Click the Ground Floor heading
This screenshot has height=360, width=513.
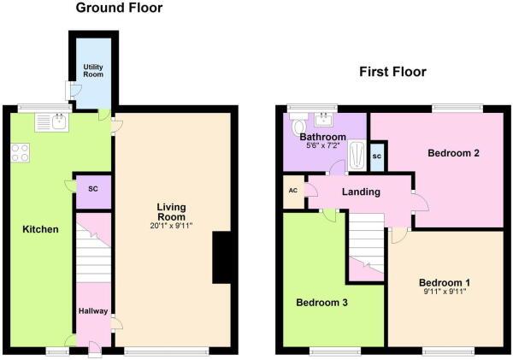click(x=119, y=8)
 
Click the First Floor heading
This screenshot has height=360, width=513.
click(x=392, y=72)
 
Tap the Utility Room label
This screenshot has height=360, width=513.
click(x=93, y=71)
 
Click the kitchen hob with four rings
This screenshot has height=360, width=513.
click(x=20, y=153)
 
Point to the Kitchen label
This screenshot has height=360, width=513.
click(x=40, y=229)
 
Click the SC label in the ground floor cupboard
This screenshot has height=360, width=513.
click(x=93, y=189)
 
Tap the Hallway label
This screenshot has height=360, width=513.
click(x=93, y=311)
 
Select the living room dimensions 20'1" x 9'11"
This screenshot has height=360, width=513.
click(x=171, y=225)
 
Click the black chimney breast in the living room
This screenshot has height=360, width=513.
click(x=222, y=257)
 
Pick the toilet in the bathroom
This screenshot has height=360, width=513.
click(x=298, y=124)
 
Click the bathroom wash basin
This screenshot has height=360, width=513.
click(x=323, y=120)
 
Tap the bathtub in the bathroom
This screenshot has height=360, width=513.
click(x=357, y=155)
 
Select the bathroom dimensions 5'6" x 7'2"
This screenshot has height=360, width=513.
click(x=322, y=145)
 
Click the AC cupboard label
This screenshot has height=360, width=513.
click(x=293, y=190)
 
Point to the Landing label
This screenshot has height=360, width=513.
click(x=361, y=192)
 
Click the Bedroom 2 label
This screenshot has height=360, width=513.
click(x=453, y=153)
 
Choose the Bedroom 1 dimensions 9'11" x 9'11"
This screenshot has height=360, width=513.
click(x=445, y=292)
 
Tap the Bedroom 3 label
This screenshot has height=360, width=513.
click(x=322, y=303)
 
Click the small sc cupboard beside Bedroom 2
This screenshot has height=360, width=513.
click(x=377, y=156)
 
